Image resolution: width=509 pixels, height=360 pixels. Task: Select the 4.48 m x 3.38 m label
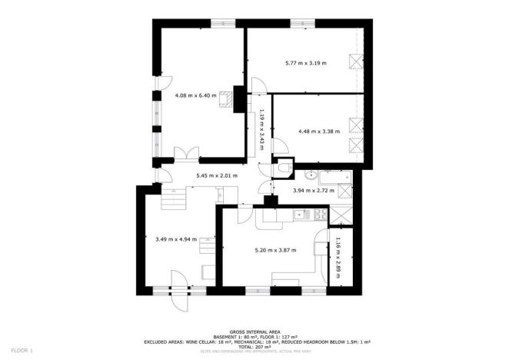click(316, 131)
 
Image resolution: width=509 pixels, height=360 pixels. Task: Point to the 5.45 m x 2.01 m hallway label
click(217, 175)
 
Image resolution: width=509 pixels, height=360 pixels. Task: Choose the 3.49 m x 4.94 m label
click(176, 239)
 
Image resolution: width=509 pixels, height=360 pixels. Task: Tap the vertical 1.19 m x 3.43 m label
click(261, 129)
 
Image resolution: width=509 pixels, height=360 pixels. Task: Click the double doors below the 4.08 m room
click(185, 155)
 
